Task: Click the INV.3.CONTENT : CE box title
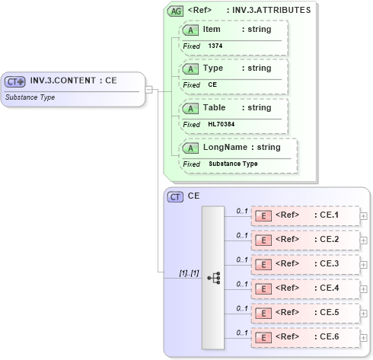[73, 81]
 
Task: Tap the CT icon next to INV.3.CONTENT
[16, 81]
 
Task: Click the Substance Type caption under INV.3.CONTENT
[30, 97]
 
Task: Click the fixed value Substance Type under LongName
[233, 164]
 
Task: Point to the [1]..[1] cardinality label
[188, 272]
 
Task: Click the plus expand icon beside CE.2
[363, 240]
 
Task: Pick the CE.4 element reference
[305, 288]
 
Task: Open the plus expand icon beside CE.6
[363, 336]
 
